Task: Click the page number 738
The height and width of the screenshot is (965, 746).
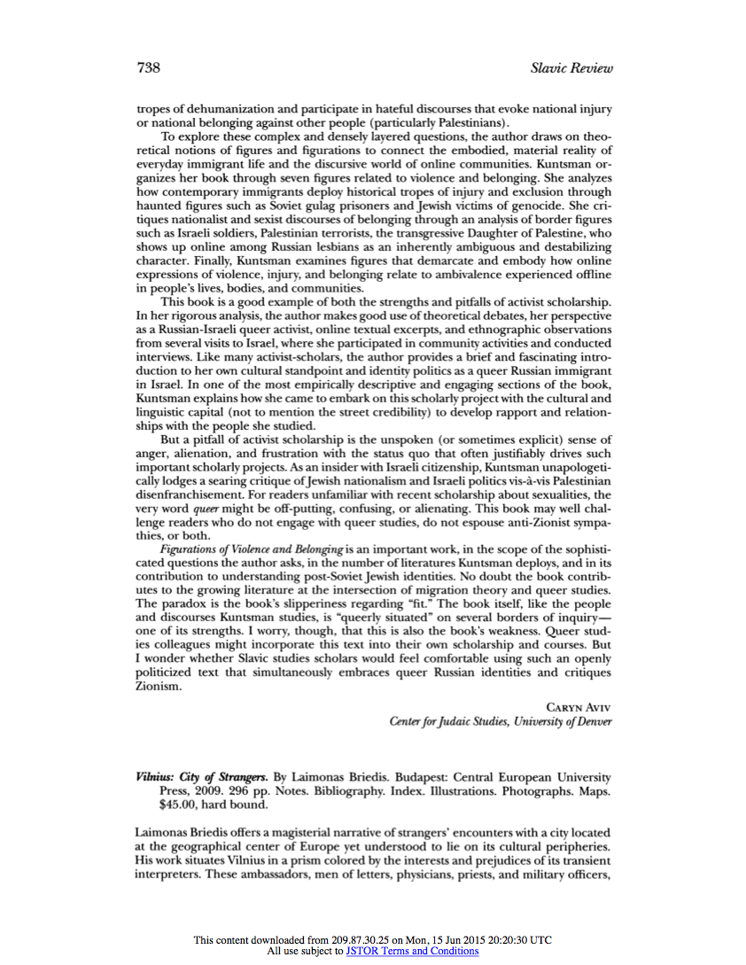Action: coord(148,68)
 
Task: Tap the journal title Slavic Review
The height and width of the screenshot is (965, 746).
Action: coord(571,68)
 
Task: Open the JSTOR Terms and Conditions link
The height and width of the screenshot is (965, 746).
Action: coord(412,951)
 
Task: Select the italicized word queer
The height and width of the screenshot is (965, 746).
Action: coord(206,509)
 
